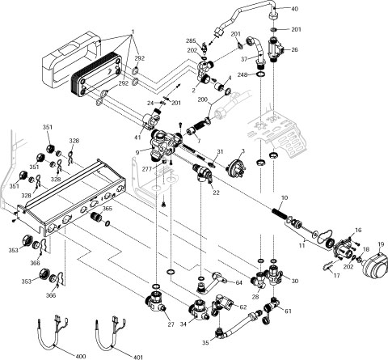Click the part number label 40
(294, 8)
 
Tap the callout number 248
(243, 74)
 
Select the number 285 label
(191, 40)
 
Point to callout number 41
(138, 138)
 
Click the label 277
(147, 168)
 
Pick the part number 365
(108, 209)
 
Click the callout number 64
(239, 282)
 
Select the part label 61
(288, 311)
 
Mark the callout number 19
(381, 244)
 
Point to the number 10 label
(284, 198)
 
